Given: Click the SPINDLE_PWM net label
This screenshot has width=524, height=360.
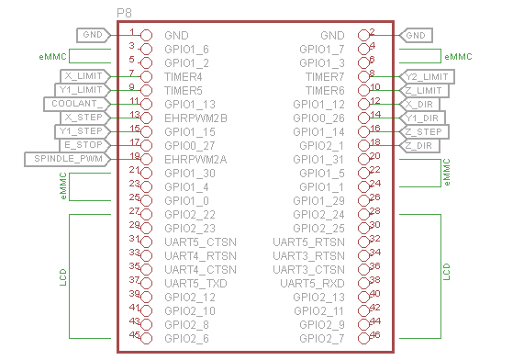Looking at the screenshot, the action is (x=68, y=159).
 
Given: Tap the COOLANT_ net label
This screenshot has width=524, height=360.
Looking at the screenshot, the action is (x=77, y=104).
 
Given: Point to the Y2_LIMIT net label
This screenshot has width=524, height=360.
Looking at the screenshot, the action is (x=427, y=76).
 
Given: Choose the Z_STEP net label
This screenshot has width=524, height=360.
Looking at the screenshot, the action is (x=424, y=132).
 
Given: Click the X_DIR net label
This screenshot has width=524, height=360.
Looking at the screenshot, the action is (x=419, y=105).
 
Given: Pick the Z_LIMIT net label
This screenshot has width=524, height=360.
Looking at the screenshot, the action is (x=424, y=90).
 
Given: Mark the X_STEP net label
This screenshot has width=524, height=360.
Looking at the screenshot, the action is (x=85, y=118).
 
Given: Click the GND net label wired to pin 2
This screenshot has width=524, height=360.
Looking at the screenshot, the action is (x=416, y=35).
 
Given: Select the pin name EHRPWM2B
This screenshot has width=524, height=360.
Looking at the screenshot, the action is (x=195, y=118).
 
